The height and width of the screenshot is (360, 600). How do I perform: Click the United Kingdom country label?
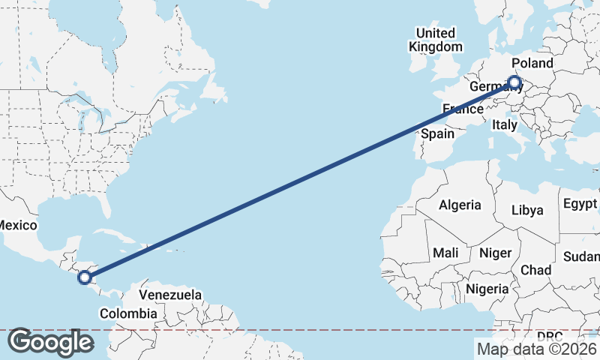tap(436, 40)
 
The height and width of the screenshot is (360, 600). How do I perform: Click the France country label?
tap(463, 109)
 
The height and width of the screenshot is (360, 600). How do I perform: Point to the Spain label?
tap(438, 133)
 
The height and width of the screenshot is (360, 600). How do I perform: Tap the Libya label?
tap(527, 210)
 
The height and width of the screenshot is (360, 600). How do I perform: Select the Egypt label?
tap(580, 204)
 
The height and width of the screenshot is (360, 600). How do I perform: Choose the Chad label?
tap(535, 270)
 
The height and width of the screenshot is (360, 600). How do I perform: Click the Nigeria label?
tap(487, 289)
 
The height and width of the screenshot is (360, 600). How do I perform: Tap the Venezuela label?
tap(170, 295)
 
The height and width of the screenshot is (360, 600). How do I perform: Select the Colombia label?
tap(128, 313)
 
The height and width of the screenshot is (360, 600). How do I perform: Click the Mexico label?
tap(16, 225)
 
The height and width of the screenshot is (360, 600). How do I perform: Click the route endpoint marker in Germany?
tap(514, 82)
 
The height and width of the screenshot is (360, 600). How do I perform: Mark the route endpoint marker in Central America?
tap(85, 277)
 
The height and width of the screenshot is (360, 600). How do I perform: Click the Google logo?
tap(50, 342)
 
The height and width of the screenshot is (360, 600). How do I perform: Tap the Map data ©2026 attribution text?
tap(536, 348)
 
